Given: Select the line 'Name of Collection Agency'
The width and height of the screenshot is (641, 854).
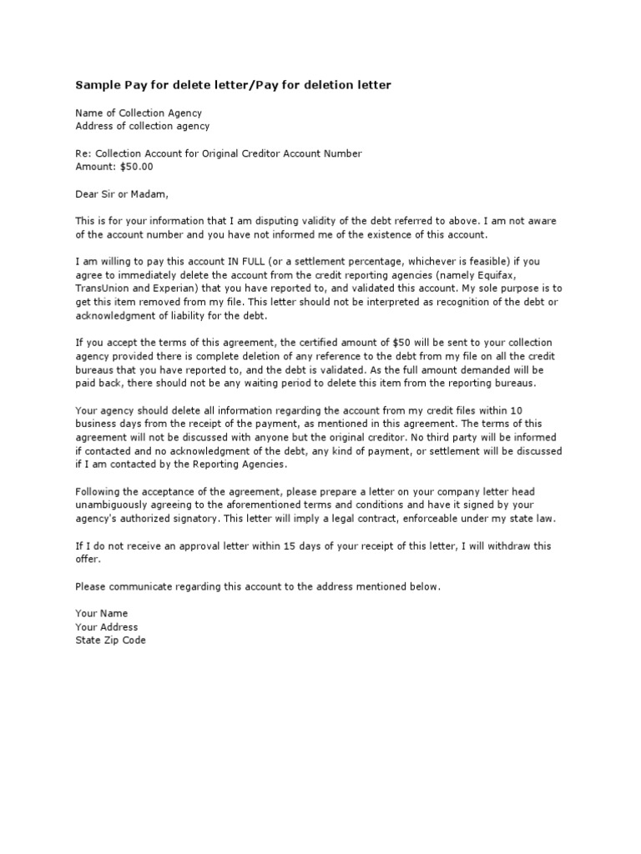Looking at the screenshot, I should point(139,113).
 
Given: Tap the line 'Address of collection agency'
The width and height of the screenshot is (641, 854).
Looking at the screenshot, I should point(143,126).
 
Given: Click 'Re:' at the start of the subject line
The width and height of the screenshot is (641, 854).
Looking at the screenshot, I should point(83,153).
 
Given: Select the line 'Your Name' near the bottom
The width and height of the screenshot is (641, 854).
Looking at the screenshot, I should point(102,614).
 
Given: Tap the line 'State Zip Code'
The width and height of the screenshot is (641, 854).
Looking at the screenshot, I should point(110,640).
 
